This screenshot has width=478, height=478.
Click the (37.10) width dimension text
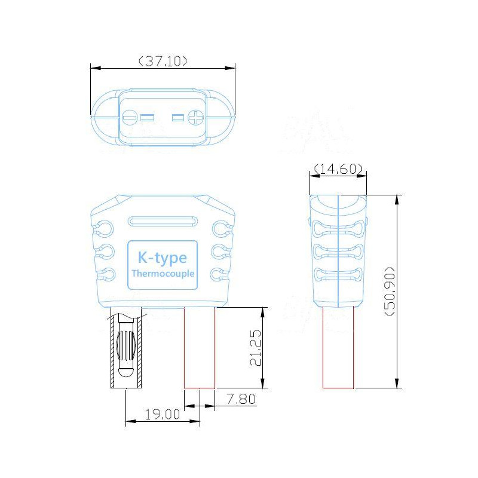tap(163, 60)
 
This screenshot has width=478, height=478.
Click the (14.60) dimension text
tap(338, 170)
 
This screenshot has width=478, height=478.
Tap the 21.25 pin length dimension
tap(256, 348)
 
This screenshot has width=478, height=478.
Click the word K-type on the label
tap(163, 258)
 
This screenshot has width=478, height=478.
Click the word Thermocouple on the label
tap(163, 274)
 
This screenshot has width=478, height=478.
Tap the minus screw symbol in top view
tap(130, 118)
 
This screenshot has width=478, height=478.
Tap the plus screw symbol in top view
tap(196, 118)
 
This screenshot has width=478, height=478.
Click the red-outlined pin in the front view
tap(199, 348)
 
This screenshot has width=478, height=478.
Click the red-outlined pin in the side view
tap(338, 348)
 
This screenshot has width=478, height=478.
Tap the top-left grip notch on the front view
tap(103, 228)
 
